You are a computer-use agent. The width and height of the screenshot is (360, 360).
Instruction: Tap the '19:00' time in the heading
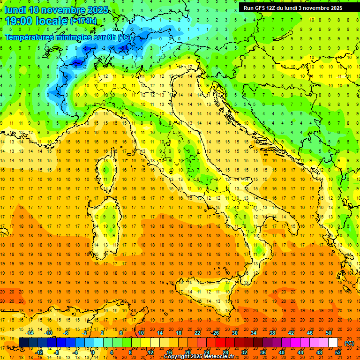point(19,21)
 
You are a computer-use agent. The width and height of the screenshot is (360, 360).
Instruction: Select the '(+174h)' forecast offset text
point(83,21)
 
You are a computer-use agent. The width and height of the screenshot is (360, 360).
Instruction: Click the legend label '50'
point(329,333)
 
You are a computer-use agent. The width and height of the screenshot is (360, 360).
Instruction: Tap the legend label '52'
point(338,352)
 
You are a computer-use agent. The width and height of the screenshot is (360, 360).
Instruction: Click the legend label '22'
point(197,333)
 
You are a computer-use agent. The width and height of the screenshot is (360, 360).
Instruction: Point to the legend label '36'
point(263,352)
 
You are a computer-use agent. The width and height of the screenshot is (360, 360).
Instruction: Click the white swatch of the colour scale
point(333,343)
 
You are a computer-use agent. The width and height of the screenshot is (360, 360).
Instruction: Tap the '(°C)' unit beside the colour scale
point(349,343)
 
